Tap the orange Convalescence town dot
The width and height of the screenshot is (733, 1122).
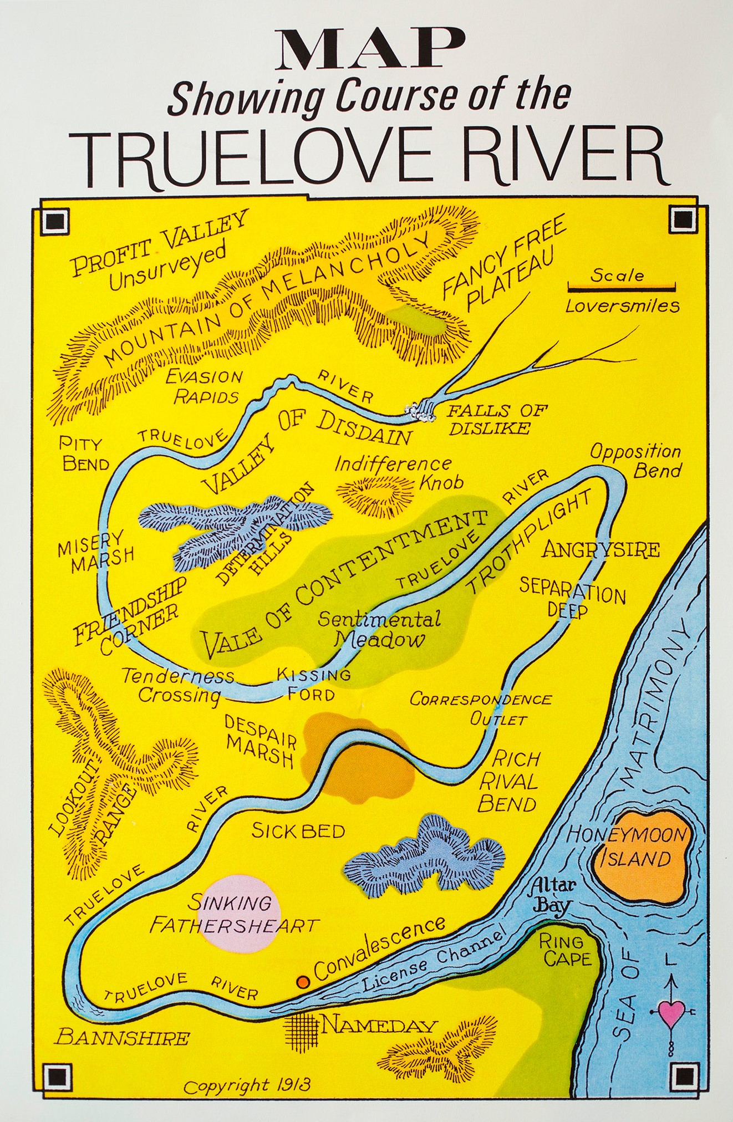(303, 982)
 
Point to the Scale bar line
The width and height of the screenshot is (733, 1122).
(621, 287)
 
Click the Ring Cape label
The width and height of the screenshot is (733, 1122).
(562, 949)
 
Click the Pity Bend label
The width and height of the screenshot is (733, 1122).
(84, 453)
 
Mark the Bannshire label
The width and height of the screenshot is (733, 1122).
(123, 1037)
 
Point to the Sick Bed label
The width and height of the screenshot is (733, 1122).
(298, 830)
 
